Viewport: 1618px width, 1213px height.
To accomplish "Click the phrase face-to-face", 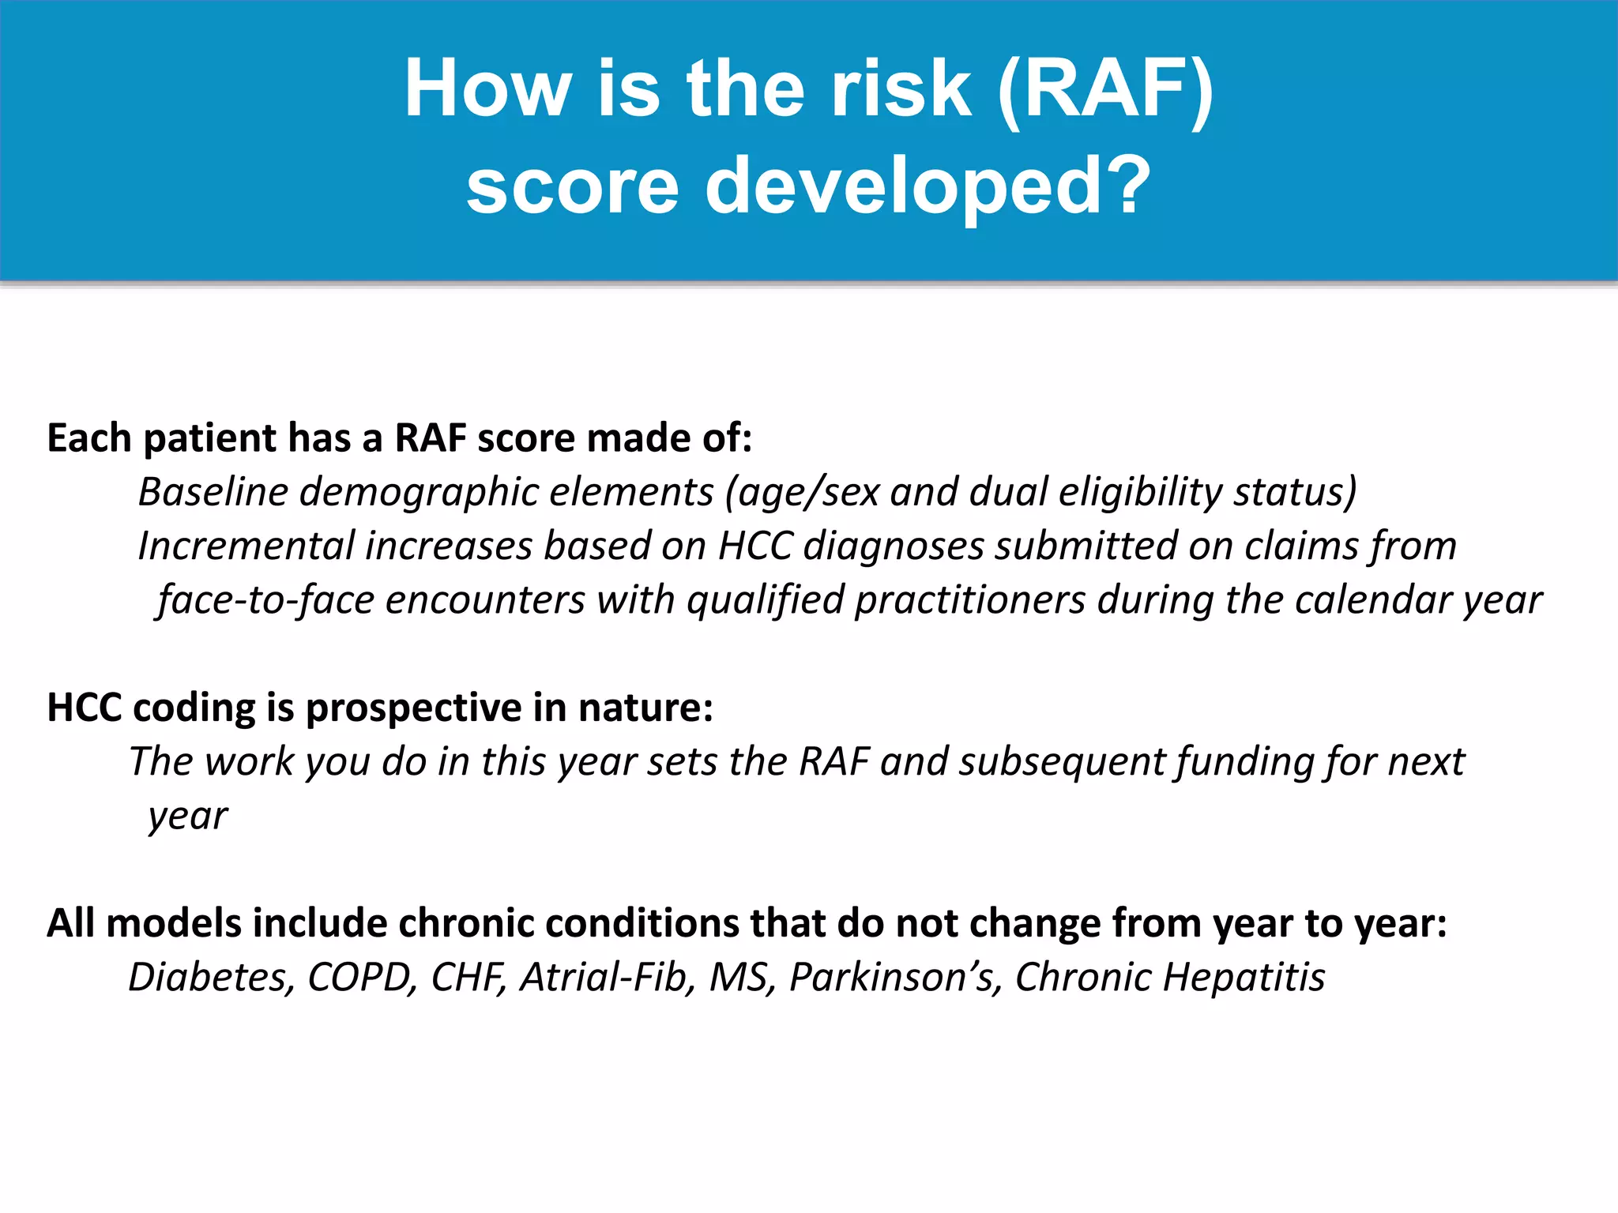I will pos(265,600).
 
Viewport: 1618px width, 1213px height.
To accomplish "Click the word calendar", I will pos(1372,600).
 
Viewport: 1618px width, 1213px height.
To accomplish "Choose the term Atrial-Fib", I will pos(608,978).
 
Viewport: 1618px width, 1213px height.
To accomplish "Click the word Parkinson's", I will pos(895,978).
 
